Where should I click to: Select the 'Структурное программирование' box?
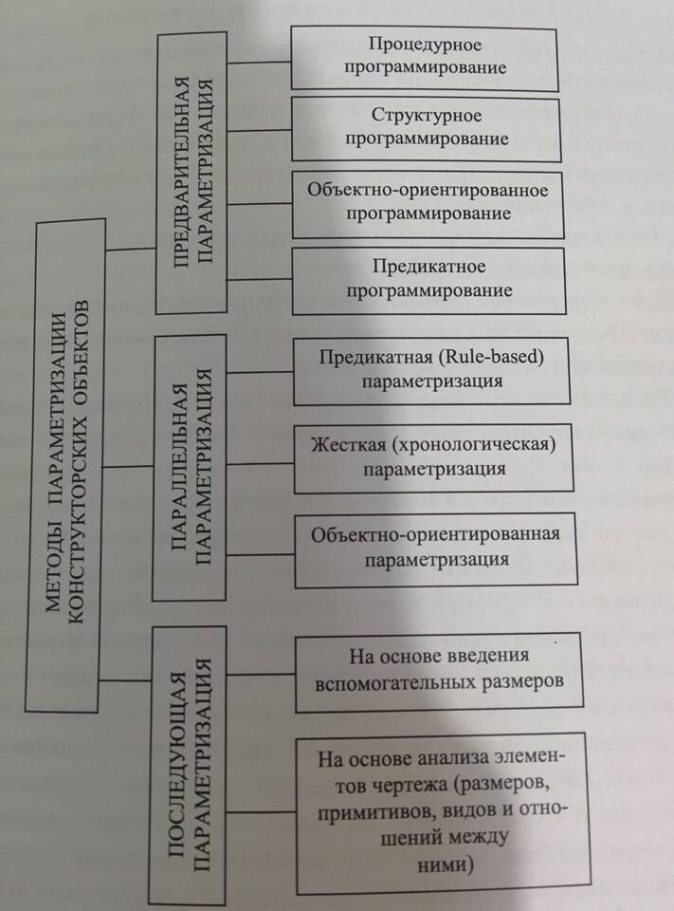tap(426, 127)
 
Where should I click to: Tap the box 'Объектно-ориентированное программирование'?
tap(428, 201)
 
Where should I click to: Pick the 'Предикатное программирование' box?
tap(429, 276)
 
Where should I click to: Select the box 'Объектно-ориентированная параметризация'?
tap(435, 547)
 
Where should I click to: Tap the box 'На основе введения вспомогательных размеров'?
tap(437, 669)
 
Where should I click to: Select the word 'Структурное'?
tap(427, 116)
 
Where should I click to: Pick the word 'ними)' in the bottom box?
tap(445, 865)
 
